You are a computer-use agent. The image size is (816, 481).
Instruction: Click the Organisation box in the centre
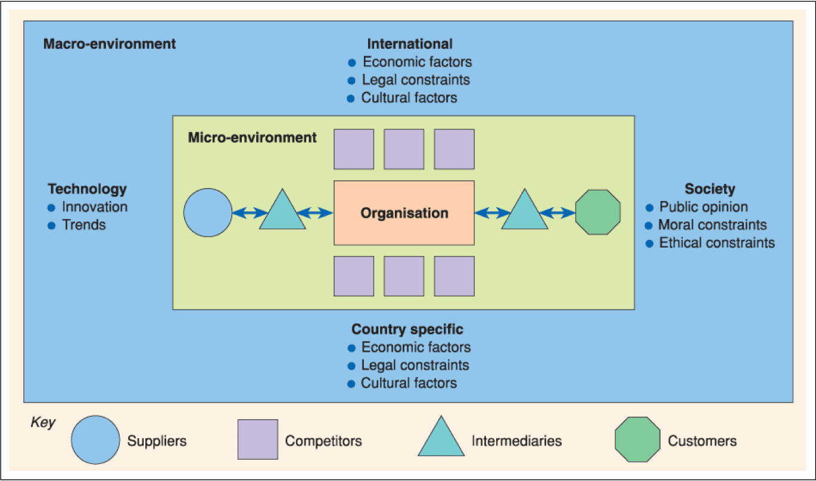click(x=404, y=213)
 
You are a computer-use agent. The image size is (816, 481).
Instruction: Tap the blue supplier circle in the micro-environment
click(x=208, y=213)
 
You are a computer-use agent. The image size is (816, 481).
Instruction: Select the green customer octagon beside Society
click(x=598, y=213)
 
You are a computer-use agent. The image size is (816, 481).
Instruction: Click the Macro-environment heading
click(x=110, y=44)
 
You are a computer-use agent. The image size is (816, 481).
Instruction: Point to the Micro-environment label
click(x=253, y=138)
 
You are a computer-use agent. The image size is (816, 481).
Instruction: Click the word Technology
click(x=88, y=189)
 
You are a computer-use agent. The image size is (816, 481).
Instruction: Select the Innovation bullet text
click(x=95, y=207)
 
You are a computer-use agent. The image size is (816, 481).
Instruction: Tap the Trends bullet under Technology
click(x=84, y=225)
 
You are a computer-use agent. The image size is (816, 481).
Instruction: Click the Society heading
click(x=710, y=189)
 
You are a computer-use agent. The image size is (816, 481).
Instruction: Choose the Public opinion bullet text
click(x=703, y=207)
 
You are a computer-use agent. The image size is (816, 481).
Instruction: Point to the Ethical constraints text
click(x=717, y=243)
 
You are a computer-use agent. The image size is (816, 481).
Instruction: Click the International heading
click(x=410, y=44)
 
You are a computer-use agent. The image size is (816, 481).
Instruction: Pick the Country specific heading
click(x=407, y=330)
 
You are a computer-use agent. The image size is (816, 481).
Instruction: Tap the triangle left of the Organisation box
click(x=282, y=213)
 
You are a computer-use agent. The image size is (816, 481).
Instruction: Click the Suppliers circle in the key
click(x=95, y=440)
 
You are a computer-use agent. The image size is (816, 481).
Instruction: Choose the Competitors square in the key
click(x=258, y=440)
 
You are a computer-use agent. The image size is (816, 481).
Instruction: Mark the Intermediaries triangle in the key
click(x=441, y=440)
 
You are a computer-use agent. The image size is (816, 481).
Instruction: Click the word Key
click(x=42, y=423)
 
